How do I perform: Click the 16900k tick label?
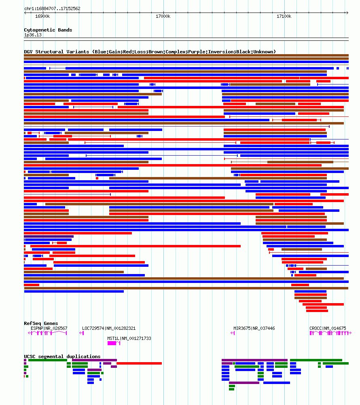tap(42, 16)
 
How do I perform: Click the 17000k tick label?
tap(163, 16)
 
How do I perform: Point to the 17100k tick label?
tap(284, 16)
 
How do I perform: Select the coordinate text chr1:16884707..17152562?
tap(52, 8)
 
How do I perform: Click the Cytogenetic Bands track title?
tap(48, 30)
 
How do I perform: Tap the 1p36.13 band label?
tap(33, 35)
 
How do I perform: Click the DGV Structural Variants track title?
tap(150, 52)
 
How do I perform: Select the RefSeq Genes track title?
tap(41, 323)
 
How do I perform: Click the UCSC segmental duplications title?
tap(62, 356)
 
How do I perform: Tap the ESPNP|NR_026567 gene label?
tap(49, 328)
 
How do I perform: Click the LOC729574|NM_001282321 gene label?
tap(109, 328)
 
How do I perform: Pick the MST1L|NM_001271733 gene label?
tap(129, 338)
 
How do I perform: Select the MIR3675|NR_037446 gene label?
tap(254, 328)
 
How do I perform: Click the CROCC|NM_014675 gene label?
tap(328, 328)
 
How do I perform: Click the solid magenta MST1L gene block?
tap(112, 343)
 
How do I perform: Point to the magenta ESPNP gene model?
tap(48, 333)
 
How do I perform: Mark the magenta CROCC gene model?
tap(330, 333)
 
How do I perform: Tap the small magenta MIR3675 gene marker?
tap(233, 333)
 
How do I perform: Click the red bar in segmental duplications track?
tap(139, 363)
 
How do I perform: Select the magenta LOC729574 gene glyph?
tap(82, 333)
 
